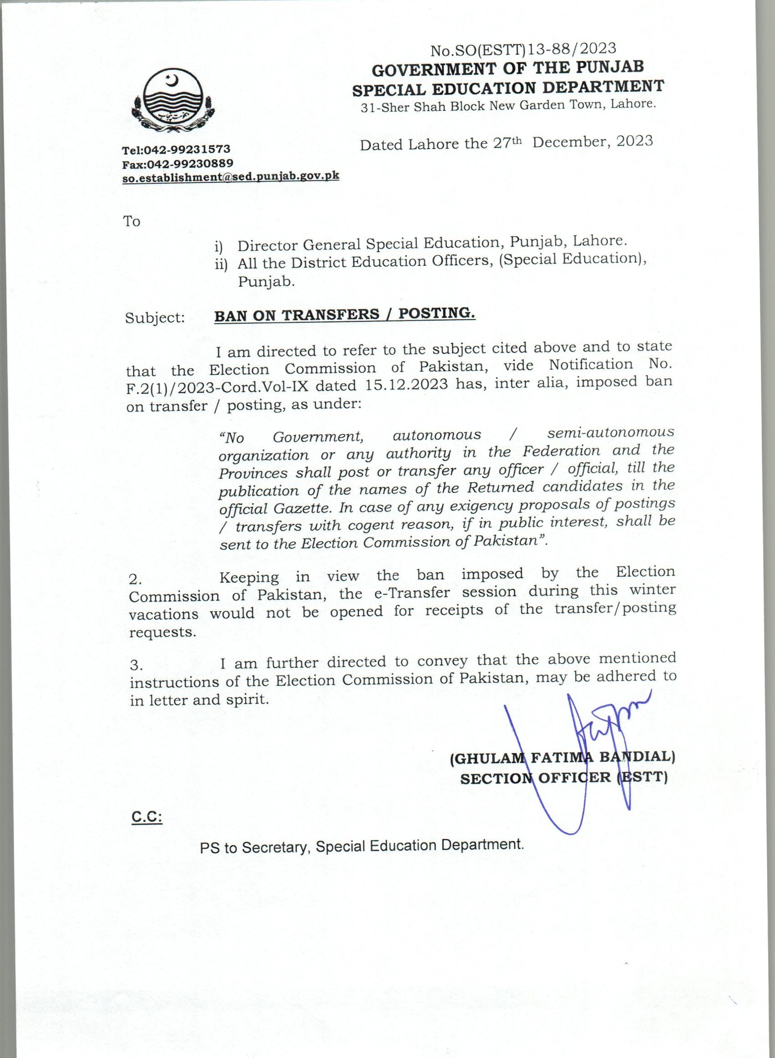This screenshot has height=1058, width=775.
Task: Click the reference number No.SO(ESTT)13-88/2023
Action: [523, 49]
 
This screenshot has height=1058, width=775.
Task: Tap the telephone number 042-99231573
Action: [186, 150]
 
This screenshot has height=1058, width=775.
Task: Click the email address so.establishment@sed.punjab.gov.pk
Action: [230, 177]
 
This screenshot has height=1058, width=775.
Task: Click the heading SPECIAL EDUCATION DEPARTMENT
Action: [508, 88]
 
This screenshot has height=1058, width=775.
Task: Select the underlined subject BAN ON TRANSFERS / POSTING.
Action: [345, 315]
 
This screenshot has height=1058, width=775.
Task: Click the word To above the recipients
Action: [132, 221]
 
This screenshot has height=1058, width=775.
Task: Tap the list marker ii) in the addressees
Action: [221, 264]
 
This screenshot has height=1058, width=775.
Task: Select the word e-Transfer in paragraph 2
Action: [411, 593]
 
